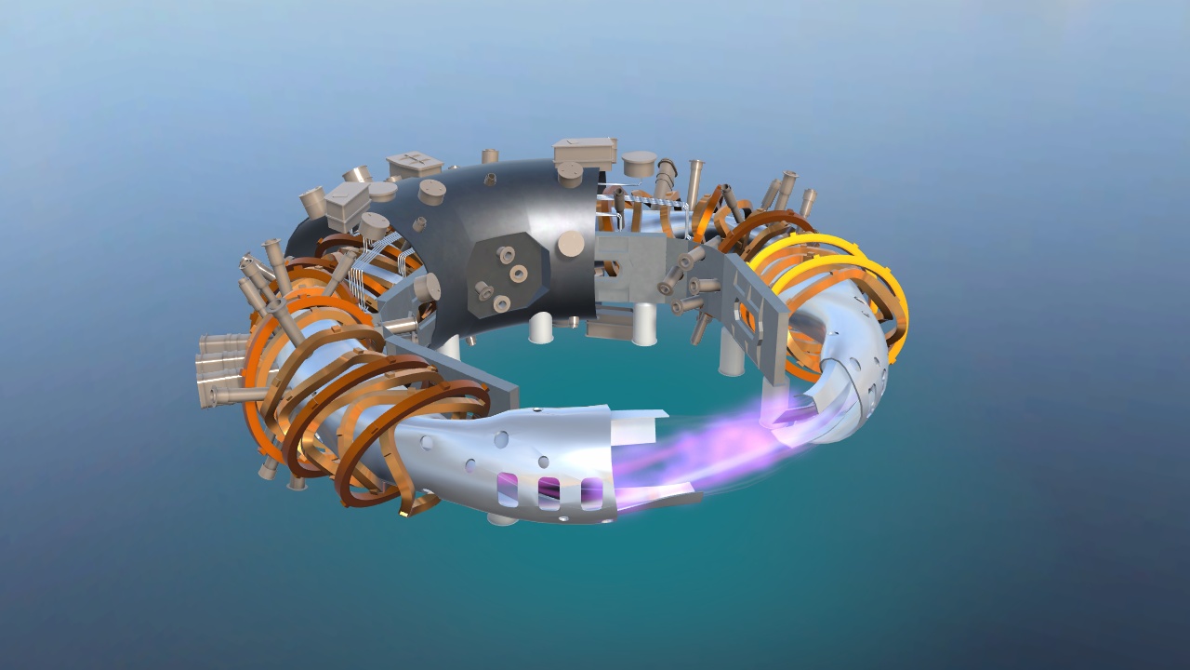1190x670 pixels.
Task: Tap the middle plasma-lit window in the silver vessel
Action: point(549,489)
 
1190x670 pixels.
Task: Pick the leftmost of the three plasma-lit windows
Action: point(508,487)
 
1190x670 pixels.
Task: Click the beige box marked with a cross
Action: point(415,166)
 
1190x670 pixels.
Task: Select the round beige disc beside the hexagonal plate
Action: point(571,244)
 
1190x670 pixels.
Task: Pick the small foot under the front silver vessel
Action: point(502,517)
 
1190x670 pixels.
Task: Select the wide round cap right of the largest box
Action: point(640,165)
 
